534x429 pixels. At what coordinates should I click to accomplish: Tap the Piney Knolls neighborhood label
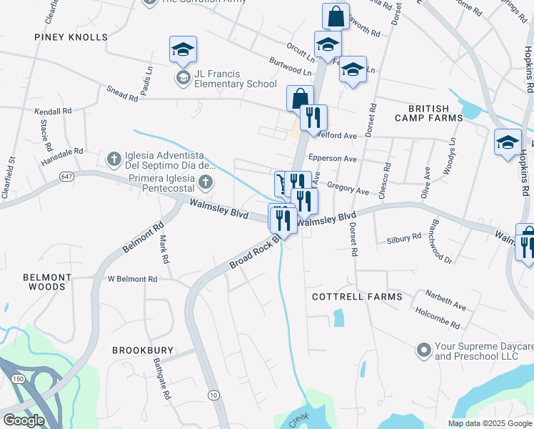(70, 36)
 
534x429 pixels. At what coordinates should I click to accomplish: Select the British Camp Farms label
(430, 114)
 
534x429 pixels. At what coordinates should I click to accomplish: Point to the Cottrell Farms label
(357, 296)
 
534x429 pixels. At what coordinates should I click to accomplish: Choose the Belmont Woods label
(47, 282)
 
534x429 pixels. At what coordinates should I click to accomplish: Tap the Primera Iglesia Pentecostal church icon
(206, 181)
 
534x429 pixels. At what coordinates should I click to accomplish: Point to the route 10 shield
(213, 395)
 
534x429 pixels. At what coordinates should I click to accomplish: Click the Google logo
(24, 420)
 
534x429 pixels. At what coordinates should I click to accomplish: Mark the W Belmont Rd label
(132, 279)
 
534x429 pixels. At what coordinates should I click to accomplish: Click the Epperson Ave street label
(332, 159)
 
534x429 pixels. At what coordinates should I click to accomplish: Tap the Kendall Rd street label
(54, 112)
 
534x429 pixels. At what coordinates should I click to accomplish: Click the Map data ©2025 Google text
(489, 423)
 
